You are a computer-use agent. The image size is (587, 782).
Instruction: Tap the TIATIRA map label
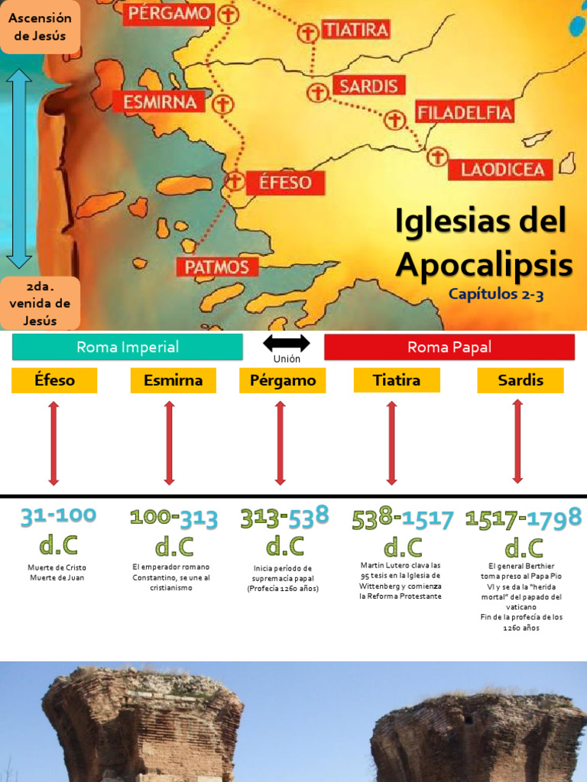tap(355, 30)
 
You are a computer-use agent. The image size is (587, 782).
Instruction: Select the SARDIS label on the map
tap(368, 86)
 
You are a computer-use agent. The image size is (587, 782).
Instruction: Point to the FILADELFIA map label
tap(464, 113)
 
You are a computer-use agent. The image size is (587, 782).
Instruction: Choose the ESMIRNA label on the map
tap(160, 102)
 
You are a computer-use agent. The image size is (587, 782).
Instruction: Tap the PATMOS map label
tap(217, 267)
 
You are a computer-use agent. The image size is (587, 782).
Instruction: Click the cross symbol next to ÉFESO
tap(235, 181)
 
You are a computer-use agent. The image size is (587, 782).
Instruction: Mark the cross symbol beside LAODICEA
tap(436, 157)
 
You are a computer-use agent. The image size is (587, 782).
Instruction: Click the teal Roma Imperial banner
tap(128, 347)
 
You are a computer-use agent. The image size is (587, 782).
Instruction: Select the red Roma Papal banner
tap(449, 347)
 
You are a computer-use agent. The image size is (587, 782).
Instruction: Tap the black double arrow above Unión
tap(287, 343)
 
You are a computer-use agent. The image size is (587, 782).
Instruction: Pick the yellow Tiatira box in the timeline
tap(397, 380)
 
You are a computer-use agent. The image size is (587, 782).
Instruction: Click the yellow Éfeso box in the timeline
tap(54, 380)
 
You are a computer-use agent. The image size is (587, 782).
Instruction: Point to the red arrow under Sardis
tap(517, 441)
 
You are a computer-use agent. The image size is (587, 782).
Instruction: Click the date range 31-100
tap(59, 516)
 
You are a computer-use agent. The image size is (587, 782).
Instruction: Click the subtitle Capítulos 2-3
tap(496, 294)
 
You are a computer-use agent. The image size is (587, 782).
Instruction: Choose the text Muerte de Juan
tap(57, 577)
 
